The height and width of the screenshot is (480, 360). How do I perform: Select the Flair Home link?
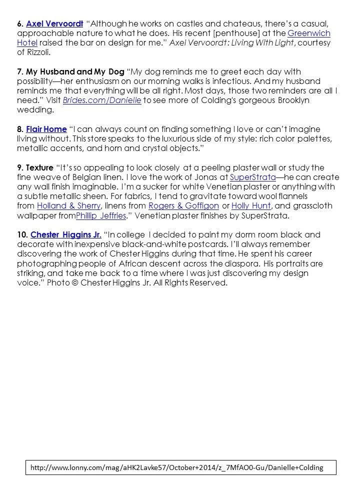click(x=46, y=129)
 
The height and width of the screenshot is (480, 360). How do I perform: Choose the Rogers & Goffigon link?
click(x=183, y=206)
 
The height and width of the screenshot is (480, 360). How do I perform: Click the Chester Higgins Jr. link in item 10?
click(x=66, y=234)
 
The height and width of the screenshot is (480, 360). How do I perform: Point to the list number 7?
click(x=18, y=72)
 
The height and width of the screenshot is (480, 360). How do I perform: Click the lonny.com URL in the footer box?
click(x=176, y=467)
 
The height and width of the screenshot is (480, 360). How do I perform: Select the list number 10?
click(x=20, y=234)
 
